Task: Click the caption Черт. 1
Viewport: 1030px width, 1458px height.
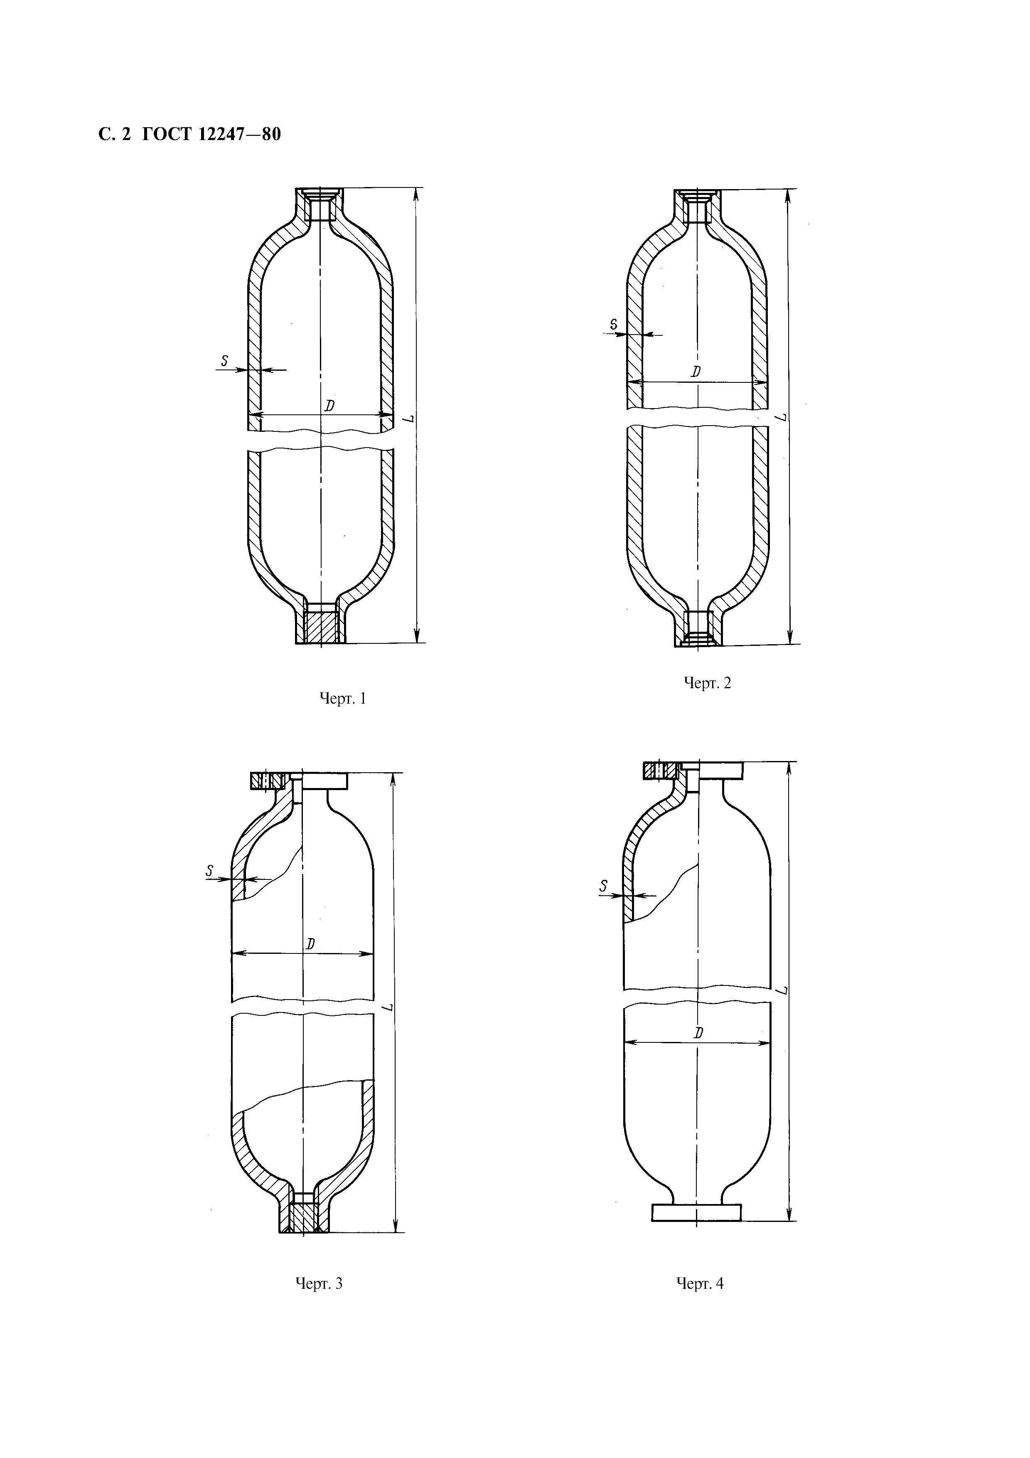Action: pos(343,699)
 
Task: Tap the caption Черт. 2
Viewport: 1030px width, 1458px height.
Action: pos(708,683)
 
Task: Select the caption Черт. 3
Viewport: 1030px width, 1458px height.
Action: pos(319,1283)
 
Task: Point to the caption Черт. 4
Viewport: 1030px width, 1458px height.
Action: pos(700,1283)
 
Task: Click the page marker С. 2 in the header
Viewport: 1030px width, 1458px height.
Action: pos(115,135)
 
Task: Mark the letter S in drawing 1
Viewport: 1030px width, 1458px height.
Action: pos(224,361)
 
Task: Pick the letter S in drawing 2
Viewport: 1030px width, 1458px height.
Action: pos(613,325)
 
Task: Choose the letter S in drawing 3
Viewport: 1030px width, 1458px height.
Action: pos(209,871)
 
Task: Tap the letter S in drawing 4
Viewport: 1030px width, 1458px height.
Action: pos(604,886)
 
